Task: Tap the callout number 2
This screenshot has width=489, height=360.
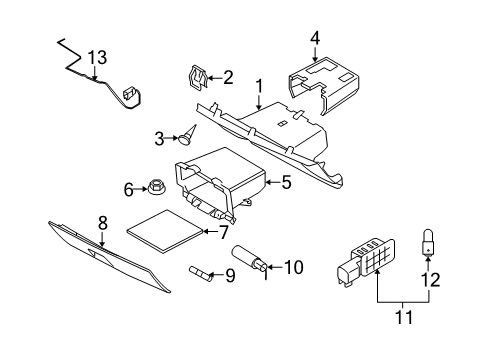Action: (229, 76)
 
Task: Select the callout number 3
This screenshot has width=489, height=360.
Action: (158, 136)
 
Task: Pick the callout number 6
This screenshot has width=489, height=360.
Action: (128, 187)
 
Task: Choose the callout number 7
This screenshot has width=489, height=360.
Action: (224, 232)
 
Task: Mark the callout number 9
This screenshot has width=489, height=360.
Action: (229, 274)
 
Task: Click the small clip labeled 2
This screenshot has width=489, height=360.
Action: (198, 76)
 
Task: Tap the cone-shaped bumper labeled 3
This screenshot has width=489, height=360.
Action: (186, 132)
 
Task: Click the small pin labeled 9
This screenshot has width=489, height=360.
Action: (199, 271)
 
